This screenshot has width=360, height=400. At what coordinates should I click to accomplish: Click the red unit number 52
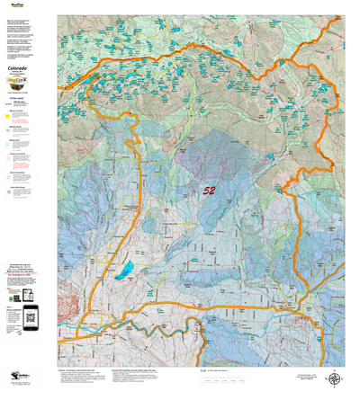[x=209, y=191]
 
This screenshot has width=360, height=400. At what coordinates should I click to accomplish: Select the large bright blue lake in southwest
[x=129, y=268]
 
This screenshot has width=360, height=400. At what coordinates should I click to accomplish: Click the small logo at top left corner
[x=12, y=4]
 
